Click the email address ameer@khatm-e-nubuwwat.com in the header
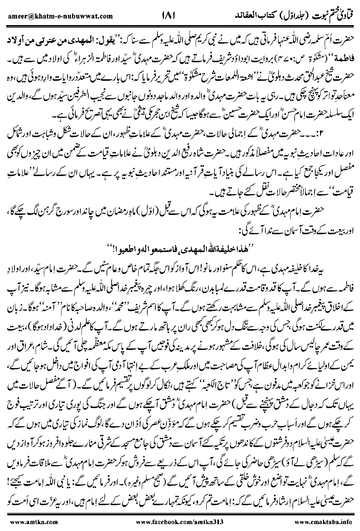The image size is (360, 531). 59,16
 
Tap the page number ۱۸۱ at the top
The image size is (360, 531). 168,15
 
